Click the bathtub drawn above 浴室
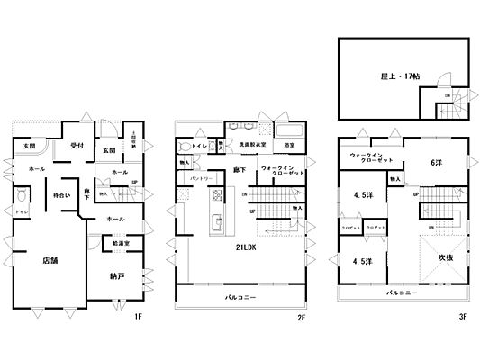pyautogui.click(x=290, y=128)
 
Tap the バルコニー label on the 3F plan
pyautogui.click(x=399, y=293)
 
